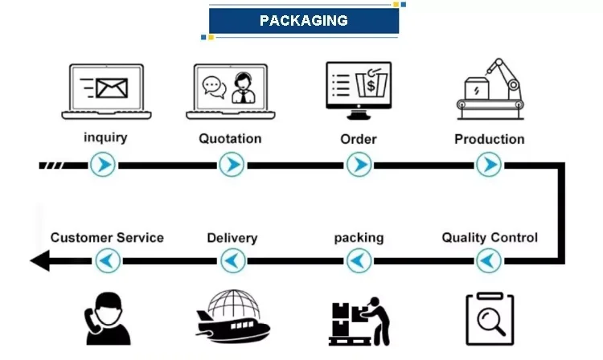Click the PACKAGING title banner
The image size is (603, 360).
(x=304, y=21)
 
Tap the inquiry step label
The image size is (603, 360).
(x=105, y=137)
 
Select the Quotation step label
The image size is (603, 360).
(x=230, y=138)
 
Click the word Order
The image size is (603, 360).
(x=359, y=138)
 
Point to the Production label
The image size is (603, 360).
(x=489, y=138)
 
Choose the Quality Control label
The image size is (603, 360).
(x=490, y=238)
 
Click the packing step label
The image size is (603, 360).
(x=359, y=238)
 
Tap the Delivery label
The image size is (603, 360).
(x=232, y=238)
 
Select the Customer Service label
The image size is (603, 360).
(x=107, y=238)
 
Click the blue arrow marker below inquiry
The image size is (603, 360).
(x=103, y=166)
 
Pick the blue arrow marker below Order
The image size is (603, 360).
(x=359, y=166)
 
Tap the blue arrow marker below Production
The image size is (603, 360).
(x=489, y=166)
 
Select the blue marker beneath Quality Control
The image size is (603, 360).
(x=489, y=260)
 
